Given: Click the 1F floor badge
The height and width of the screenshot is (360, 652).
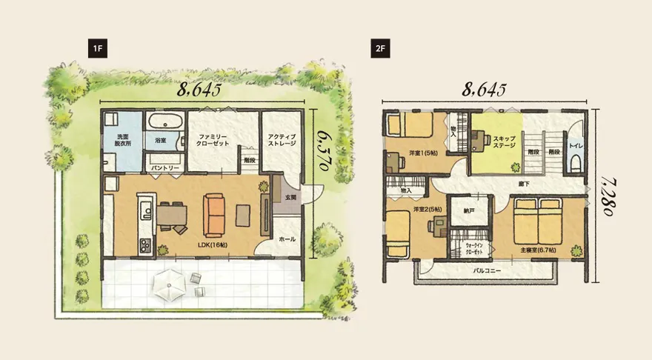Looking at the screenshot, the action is coord(98,49).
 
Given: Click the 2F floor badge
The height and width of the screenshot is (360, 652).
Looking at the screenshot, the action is coord(381,49).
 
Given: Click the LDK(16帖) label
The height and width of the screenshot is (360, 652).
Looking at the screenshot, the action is coord(213,245).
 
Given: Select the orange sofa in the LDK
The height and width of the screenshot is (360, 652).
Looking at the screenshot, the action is coord(213,216).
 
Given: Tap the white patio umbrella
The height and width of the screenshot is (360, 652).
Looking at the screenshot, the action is coord(170,285).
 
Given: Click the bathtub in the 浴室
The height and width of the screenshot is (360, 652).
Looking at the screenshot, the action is coord(165,121).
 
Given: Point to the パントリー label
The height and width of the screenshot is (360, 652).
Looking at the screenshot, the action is coord(165,168).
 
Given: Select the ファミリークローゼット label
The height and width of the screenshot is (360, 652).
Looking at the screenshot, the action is coord(213,140).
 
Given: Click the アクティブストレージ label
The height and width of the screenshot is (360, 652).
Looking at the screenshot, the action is coord(282,140).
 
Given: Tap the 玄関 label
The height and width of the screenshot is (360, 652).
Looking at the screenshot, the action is coord(290,198).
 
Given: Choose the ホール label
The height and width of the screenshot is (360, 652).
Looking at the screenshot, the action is coord(287,239).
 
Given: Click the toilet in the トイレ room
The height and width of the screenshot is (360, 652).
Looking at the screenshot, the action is coord(576,162).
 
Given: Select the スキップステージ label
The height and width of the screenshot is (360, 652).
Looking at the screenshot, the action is coord(504,142).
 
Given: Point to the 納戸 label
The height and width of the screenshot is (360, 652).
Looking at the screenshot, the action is coord(469,211).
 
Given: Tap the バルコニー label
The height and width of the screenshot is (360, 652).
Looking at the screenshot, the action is coord(487,270).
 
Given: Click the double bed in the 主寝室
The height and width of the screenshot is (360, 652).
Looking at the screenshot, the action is coord(538,221).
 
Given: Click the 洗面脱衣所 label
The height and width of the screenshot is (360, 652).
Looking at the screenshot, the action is coord(123,140).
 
